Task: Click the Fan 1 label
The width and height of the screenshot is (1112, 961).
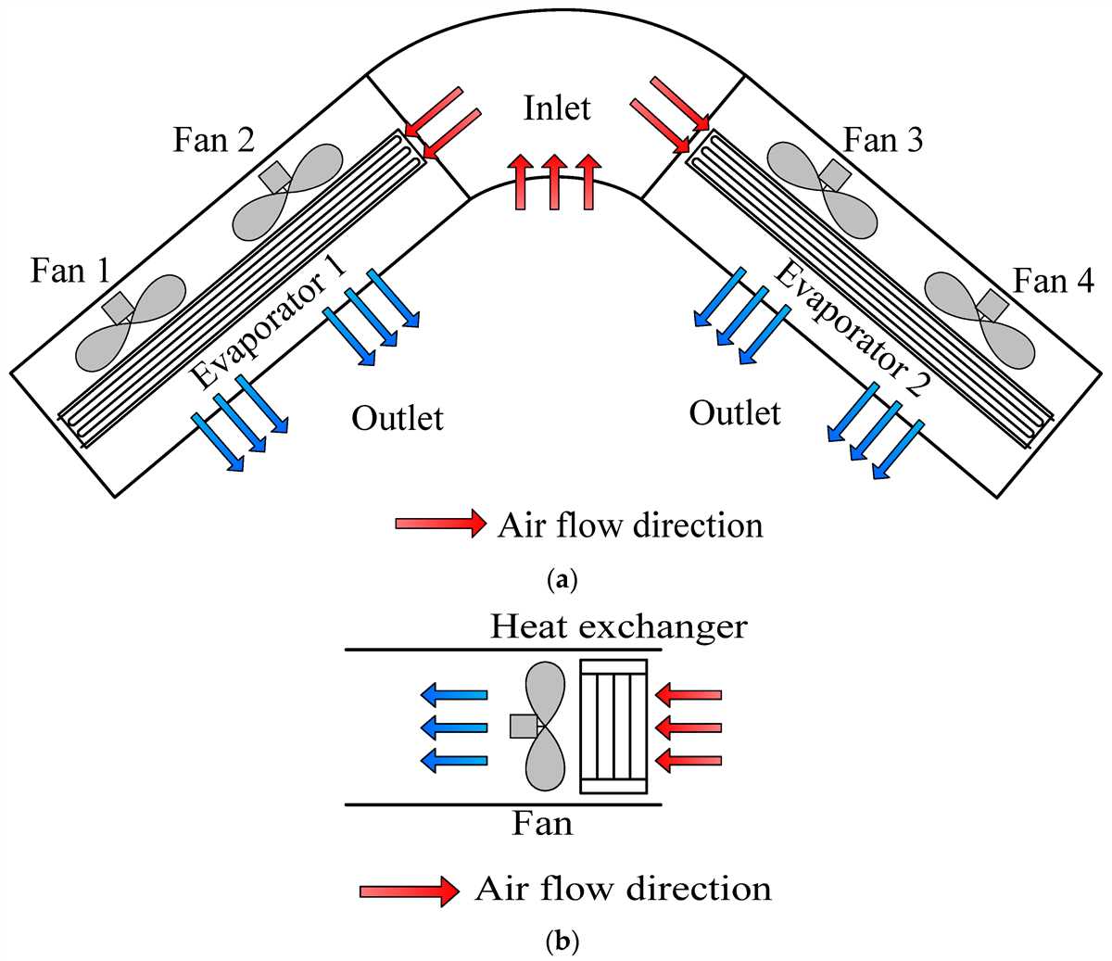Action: point(70,271)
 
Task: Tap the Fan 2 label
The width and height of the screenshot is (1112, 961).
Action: point(213,141)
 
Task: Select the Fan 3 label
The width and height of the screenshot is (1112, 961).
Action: point(883,141)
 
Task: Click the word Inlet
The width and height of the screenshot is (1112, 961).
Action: point(557,108)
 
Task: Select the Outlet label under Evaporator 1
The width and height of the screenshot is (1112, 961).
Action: point(398,419)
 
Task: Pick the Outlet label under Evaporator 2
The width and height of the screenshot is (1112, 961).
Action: point(735,412)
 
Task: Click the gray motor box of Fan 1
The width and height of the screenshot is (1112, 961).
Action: point(118,307)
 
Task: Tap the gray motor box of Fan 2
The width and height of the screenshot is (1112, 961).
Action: point(275,176)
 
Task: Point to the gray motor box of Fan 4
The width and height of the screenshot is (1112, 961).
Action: point(992,303)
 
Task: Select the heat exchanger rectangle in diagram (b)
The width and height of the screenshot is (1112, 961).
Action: point(613,726)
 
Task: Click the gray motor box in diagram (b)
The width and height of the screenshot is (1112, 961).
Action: point(523,726)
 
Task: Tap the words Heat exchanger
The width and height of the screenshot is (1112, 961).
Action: point(618,627)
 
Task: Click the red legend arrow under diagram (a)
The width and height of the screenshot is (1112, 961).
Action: point(440,524)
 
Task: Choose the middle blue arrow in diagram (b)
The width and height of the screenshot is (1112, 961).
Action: point(454,726)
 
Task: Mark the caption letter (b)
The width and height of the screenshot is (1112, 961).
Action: point(562,942)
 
